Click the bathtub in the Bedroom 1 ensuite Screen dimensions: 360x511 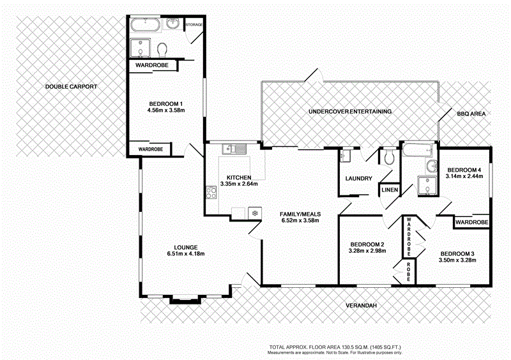click(146, 26)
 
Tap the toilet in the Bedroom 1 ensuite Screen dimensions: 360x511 click(162, 49)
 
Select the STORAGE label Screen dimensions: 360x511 click(194, 25)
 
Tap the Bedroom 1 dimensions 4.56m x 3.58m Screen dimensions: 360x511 click(165, 110)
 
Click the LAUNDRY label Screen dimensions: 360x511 click(358, 179)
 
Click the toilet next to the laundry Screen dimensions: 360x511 click(389, 156)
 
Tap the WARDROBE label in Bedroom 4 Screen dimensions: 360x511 click(472, 222)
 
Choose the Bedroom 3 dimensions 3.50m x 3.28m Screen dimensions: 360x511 click(457, 259)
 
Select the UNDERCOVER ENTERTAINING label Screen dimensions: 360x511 click(349, 112)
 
